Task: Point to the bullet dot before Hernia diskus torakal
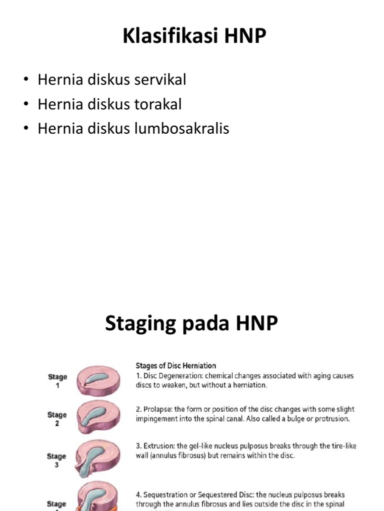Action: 26,105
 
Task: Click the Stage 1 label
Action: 57,381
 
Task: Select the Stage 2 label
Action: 57,419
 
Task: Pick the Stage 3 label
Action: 57,460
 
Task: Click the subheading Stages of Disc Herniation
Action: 175,366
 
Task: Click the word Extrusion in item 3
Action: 158,446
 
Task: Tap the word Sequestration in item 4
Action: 167,495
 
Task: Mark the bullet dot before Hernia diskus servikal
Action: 26,80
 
